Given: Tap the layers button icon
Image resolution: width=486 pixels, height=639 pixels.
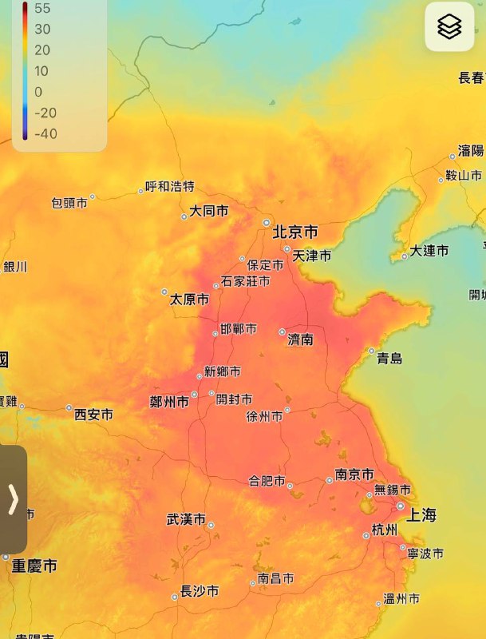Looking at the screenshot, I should point(449,27).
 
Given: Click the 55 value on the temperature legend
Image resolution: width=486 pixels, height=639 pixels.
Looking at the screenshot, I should point(42,9).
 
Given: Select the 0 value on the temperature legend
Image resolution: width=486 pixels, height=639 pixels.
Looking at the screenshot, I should point(38,92).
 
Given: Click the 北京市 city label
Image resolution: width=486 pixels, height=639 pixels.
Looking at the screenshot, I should point(295,232).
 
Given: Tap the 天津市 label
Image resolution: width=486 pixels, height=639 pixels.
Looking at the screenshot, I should point(312,256).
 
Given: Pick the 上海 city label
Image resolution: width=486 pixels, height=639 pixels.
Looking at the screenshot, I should point(421,515).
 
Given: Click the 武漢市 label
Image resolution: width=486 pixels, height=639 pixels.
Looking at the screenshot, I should point(185,519).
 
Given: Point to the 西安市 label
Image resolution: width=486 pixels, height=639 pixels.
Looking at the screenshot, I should point(93,415).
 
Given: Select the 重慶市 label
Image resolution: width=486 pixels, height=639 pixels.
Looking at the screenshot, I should point(34,566).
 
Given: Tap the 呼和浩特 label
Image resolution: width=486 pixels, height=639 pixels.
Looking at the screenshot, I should point(169,187).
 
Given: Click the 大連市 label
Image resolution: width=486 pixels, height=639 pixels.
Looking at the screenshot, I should point(429,251).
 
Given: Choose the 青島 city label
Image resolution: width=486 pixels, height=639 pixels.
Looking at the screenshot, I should point(389,359).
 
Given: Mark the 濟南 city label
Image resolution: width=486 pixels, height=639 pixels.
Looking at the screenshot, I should point(300,340).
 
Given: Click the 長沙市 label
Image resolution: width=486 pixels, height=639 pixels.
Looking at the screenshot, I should point(200,592).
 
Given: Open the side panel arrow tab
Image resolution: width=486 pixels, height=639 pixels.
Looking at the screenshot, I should point(13,499).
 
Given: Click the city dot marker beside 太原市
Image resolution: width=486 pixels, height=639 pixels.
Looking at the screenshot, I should point(164,292).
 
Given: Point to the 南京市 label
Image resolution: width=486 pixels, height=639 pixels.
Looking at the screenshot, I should point(354,474).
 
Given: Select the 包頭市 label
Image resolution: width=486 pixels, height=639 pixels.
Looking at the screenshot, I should point(69,204).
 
